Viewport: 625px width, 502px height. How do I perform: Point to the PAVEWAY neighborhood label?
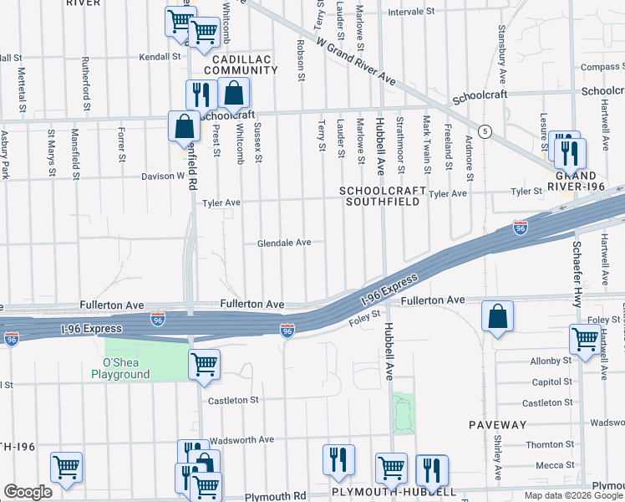point(497,425)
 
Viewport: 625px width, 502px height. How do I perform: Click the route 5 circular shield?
point(485,131)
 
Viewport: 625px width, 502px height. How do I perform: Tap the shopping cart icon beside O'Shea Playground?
point(203,365)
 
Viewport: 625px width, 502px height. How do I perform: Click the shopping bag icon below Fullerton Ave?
point(497,316)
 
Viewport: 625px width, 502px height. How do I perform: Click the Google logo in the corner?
point(28,491)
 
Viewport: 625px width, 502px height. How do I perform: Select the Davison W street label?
point(167,177)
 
